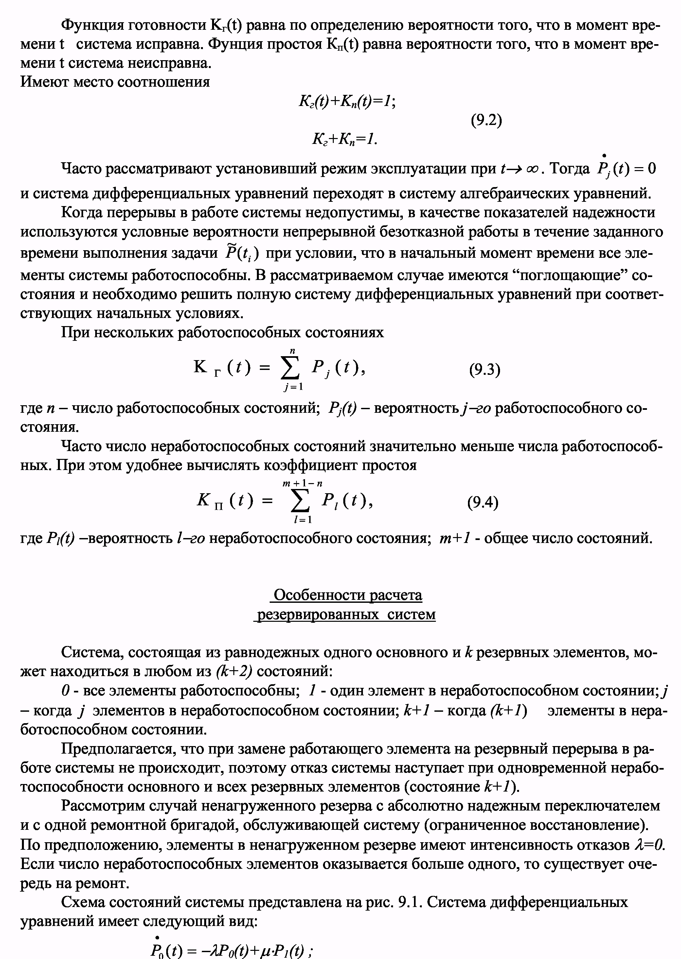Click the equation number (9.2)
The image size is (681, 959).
click(486, 121)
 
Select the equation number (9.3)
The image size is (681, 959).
click(484, 370)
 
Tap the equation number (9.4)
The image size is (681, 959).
click(483, 502)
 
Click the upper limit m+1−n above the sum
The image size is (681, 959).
click(302, 483)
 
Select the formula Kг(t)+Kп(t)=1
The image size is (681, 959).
click(347, 101)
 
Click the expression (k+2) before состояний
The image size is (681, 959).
click(234, 671)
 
